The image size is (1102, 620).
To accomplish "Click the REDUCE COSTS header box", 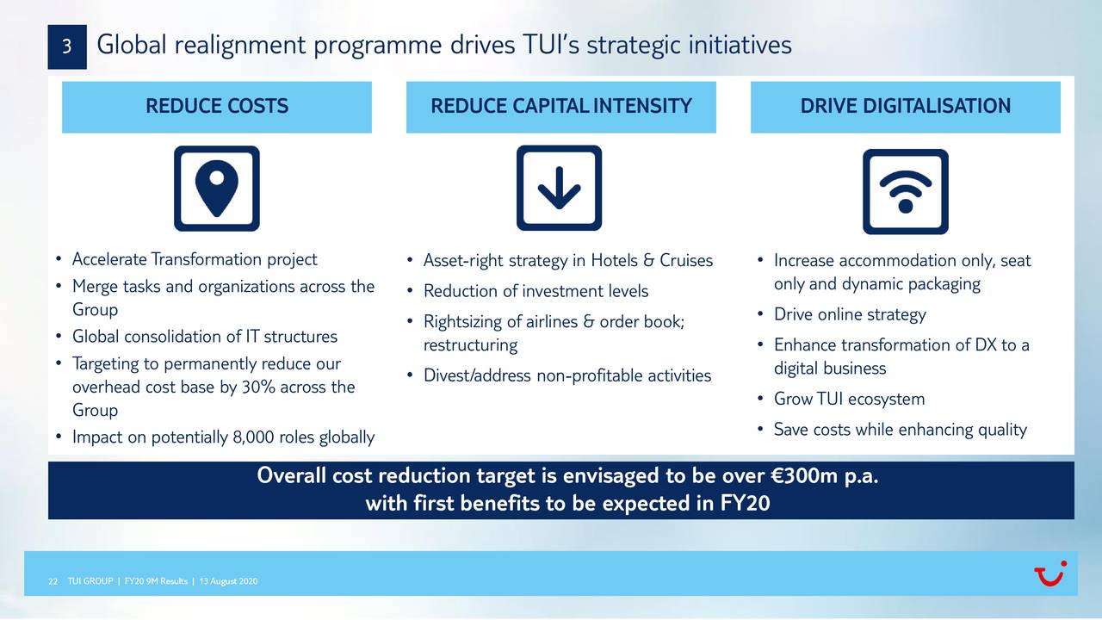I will point(216,107).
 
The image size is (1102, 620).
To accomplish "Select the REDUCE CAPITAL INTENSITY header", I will point(560,107).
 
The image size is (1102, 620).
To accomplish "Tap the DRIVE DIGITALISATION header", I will point(905,107).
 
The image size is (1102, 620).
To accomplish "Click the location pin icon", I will point(216,189).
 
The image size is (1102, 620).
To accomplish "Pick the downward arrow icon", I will point(559,188).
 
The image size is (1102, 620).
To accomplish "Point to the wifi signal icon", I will point(905,191).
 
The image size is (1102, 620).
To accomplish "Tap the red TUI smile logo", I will point(1049,576).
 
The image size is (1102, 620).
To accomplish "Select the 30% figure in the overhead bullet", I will point(258,387).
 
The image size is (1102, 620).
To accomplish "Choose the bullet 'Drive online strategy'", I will point(850,314).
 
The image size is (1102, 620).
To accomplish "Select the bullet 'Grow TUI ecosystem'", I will point(849,399).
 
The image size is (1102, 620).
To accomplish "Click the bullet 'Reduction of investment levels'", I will point(536,291).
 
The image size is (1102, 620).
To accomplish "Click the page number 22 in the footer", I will point(53,581).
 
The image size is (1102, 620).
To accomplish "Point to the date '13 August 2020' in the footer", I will point(227,581).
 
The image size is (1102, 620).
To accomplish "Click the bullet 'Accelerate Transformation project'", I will point(195,260).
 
